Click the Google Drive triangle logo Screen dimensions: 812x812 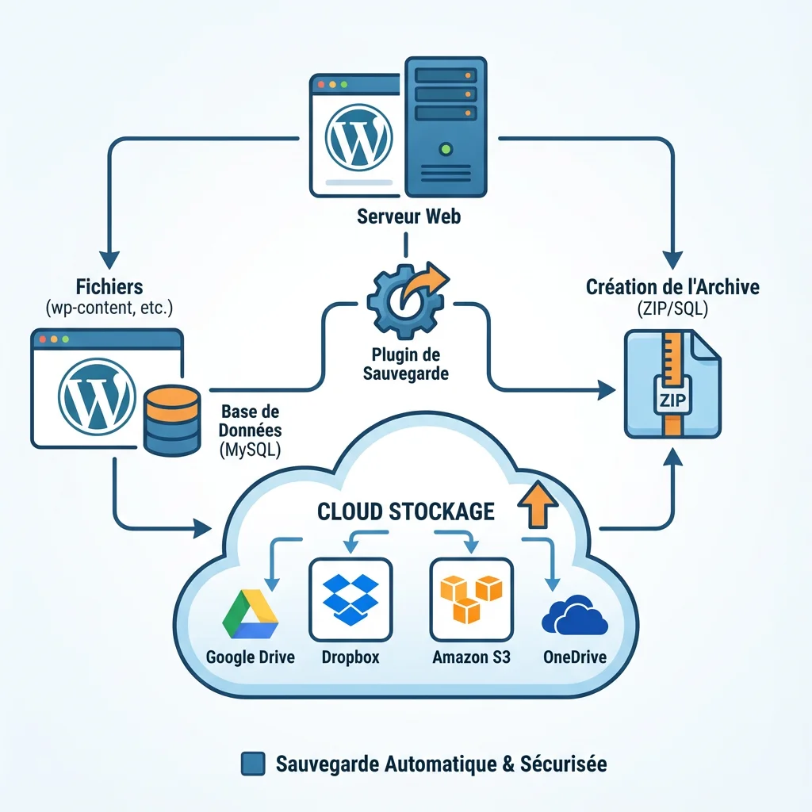tap(250, 614)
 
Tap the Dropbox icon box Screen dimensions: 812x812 tap(350, 599)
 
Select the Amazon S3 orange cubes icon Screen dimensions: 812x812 tap(470, 599)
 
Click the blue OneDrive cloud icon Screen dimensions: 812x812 tap(573, 615)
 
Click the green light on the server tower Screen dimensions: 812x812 tap(445, 147)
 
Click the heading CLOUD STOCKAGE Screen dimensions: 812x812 tap(406, 511)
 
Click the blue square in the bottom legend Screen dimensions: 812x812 tap(252, 764)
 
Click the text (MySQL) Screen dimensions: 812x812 tap(250, 450)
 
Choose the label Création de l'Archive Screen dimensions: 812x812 tap(672, 286)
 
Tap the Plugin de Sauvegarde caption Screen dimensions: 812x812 tap(405, 363)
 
